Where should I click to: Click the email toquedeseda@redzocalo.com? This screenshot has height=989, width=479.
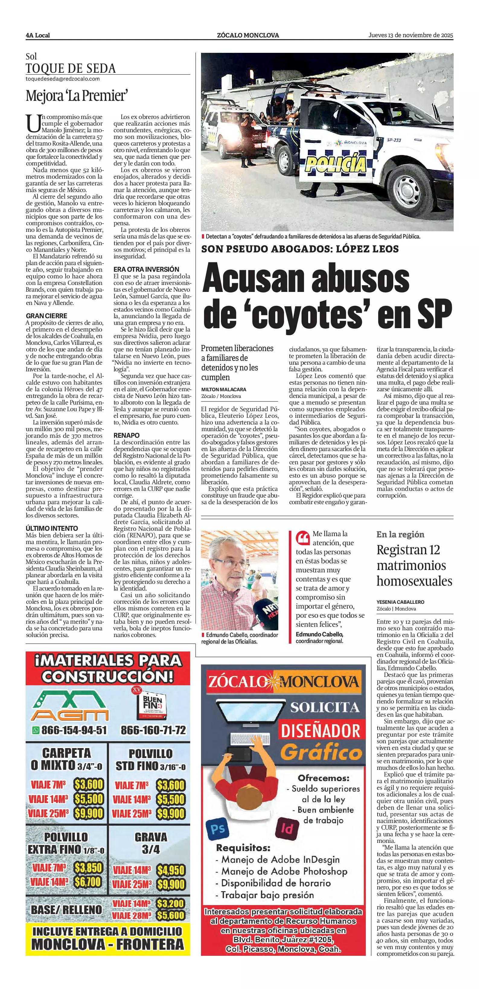click(62, 79)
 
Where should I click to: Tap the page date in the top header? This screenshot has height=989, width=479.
click(411, 35)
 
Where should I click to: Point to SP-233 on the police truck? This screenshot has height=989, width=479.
click(394, 140)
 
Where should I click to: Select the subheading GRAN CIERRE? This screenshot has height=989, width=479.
click(46, 315)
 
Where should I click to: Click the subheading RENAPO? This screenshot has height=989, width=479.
click(126, 435)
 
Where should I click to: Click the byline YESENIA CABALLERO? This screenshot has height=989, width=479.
click(400, 602)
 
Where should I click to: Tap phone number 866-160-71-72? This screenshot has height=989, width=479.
click(153, 730)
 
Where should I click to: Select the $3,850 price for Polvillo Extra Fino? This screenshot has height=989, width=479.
click(88, 867)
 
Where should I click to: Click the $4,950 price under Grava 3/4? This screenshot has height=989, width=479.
click(171, 870)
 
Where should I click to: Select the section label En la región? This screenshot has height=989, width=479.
click(400, 534)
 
